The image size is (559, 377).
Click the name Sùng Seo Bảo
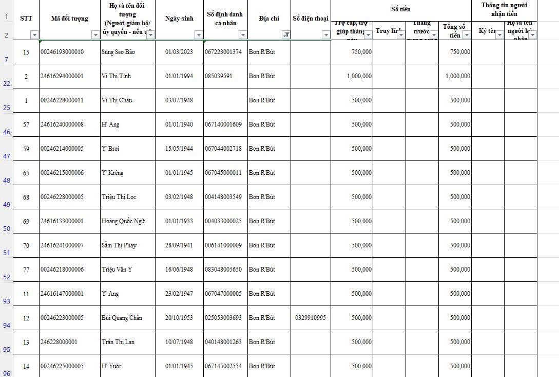click(118, 52)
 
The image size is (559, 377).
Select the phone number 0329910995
click(310, 318)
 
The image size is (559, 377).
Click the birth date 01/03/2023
click(179, 52)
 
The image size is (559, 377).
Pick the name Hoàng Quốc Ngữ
click(123, 221)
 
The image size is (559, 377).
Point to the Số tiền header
click(401, 9)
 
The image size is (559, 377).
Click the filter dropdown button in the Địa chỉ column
click(286, 35)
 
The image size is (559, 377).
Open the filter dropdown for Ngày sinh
click(199, 35)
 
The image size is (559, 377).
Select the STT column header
click(26, 19)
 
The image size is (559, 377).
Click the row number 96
click(7, 373)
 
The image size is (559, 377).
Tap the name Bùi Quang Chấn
click(122, 318)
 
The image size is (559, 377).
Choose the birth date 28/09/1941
click(179, 245)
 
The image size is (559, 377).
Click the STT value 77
click(26, 270)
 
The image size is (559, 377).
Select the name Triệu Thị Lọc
click(119, 197)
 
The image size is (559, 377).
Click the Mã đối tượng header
click(70, 19)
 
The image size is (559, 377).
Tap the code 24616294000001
click(62, 76)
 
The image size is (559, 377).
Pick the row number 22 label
click(7, 84)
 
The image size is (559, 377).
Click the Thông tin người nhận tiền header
click(504, 9)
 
